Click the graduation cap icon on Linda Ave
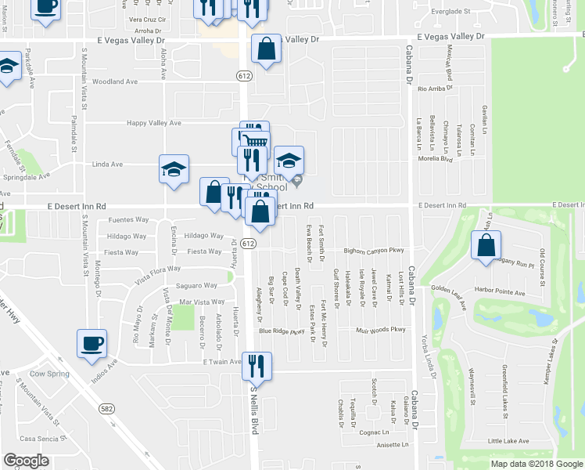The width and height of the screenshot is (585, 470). tap(174, 168)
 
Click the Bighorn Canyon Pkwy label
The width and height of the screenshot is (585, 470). tap(374, 251)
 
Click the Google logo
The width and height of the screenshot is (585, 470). tap(27, 461)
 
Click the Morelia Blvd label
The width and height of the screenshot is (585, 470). tap(436, 159)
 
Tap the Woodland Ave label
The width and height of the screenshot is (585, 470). tap(115, 81)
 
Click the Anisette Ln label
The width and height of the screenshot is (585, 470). tap(393, 444)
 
